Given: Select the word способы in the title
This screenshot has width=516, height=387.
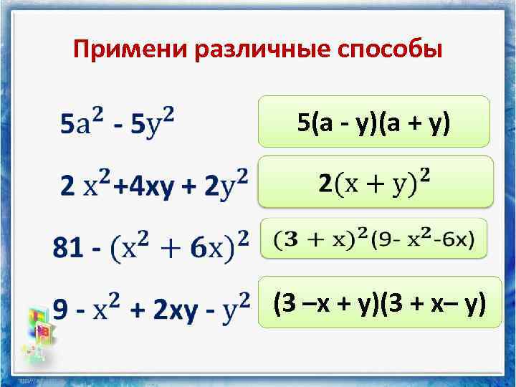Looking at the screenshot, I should point(387,51).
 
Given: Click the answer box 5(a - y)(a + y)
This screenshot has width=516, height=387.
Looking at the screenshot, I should point(373,123).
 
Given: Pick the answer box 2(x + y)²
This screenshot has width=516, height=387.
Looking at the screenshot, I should point(375,182).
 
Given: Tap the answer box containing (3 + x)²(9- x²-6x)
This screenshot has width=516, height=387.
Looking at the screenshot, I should point(373,239).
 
